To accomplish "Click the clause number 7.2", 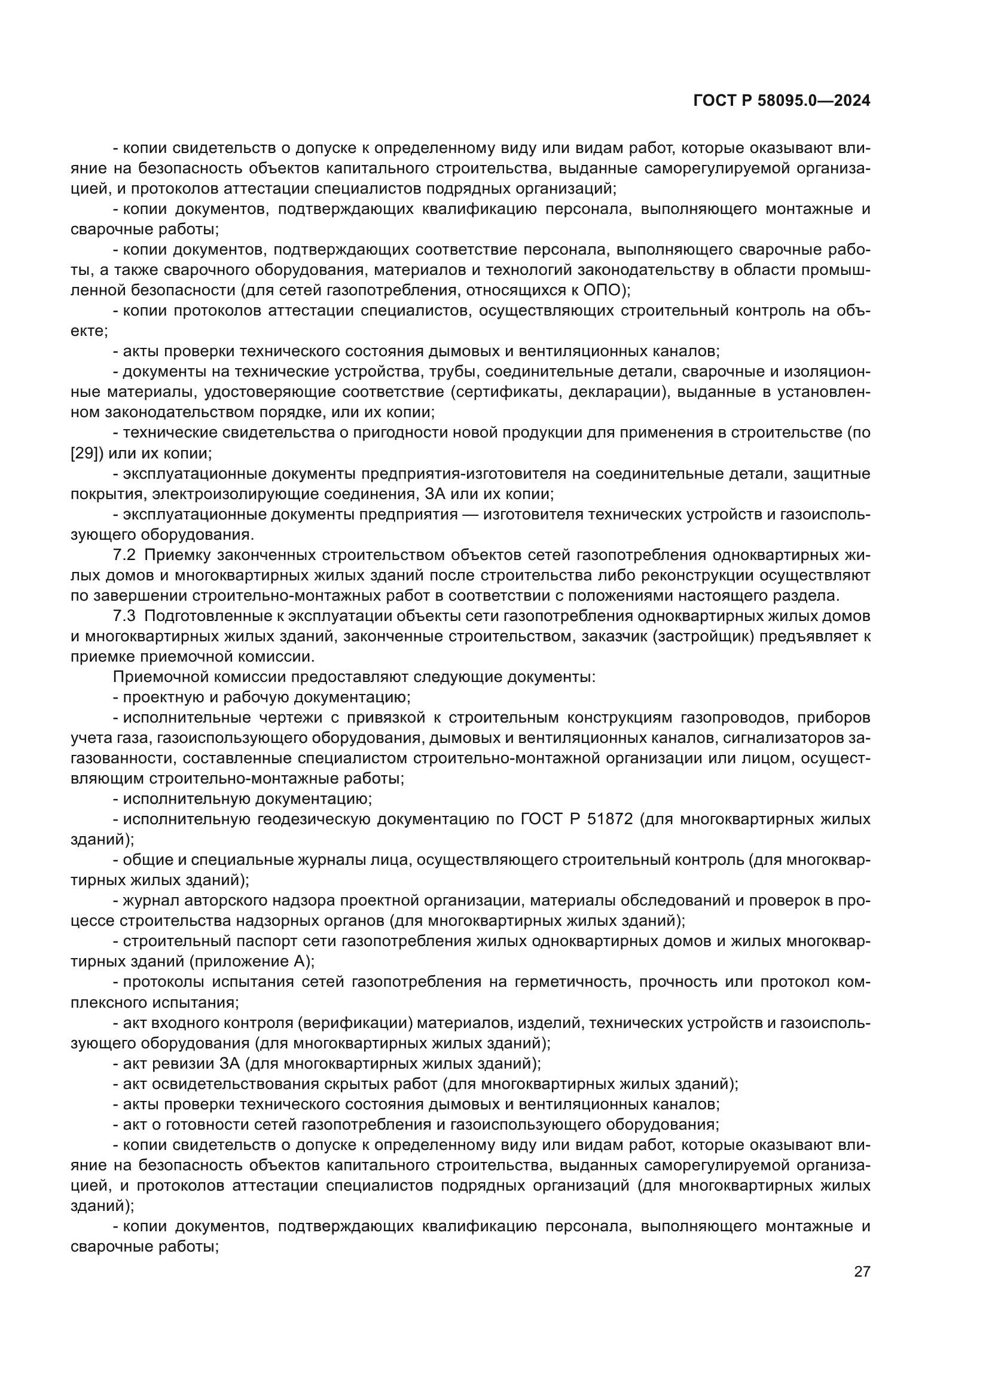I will pyautogui.click(x=124, y=555).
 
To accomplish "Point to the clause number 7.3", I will pyautogui.click(x=124, y=616).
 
